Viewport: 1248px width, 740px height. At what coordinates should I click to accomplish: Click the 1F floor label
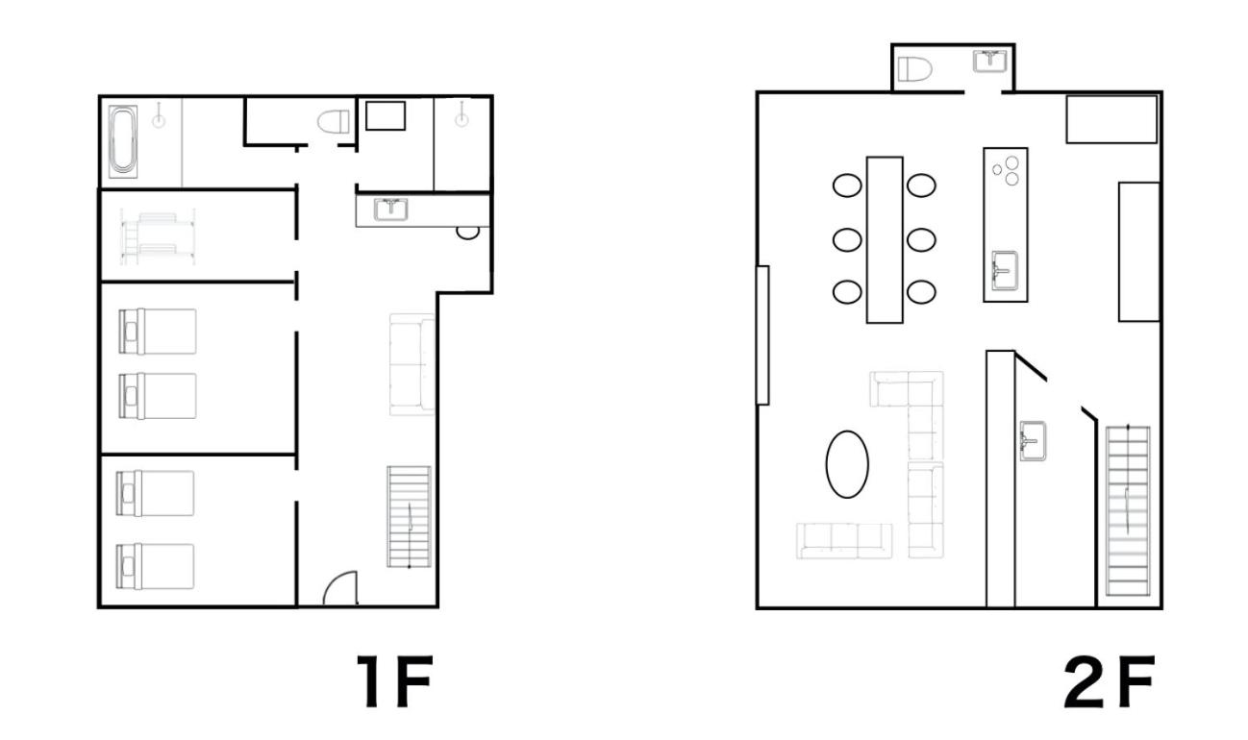395,681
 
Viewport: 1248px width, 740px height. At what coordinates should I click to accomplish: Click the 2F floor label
1109,681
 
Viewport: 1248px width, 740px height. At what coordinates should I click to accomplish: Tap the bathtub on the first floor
123,141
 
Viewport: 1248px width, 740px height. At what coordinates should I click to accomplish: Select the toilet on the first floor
334,121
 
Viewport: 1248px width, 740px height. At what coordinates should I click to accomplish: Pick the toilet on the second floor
914,69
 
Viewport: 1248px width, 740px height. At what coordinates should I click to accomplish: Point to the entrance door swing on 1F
340,587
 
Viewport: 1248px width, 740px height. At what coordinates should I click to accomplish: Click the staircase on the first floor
409,517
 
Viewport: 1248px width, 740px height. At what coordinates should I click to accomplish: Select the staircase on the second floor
1128,510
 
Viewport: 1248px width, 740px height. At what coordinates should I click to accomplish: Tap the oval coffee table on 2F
847,464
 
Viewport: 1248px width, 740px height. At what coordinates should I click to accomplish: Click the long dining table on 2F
885,240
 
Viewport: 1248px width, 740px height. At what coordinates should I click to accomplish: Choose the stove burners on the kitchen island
1007,170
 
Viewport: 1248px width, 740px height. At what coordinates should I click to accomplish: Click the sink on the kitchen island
1005,271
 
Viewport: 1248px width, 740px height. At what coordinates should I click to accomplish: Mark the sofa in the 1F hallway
412,364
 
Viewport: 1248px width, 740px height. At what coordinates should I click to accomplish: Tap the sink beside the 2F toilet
990,62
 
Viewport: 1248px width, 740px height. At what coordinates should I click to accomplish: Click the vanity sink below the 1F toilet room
390,210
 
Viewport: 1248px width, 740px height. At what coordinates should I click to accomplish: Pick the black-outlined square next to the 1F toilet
386,116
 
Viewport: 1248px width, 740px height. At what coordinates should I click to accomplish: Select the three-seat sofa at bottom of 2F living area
844,541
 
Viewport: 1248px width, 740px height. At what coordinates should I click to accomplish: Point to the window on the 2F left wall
762,335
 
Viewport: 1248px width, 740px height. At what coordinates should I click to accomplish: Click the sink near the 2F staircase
1033,441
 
